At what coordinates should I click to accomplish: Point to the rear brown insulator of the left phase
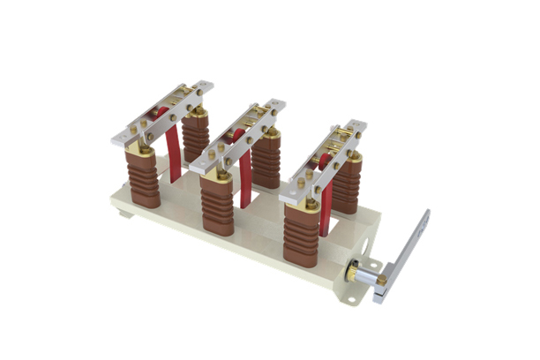[196, 137]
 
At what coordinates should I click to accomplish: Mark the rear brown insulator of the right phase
[347, 186]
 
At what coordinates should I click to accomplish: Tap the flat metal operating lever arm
[409, 248]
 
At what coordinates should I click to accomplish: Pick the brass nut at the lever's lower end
[382, 281]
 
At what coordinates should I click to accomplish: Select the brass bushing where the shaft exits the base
[351, 272]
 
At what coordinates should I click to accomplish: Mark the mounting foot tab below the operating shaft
[351, 298]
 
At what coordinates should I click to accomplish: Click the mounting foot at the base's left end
[124, 213]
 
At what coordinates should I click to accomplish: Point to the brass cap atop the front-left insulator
[141, 152]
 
